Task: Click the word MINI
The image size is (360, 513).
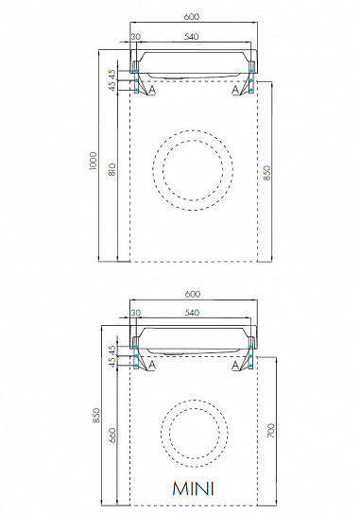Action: pyautogui.click(x=192, y=488)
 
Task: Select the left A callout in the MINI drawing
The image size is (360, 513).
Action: pyautogui.click(x=149, y=365)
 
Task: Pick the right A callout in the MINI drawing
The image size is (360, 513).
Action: pyautogui.click(x=235, y=365)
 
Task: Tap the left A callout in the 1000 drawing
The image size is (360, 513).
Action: pyautogui.click(x=149, y=92)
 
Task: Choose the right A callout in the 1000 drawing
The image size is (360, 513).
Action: pyautogui.click(x=235, y=92)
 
